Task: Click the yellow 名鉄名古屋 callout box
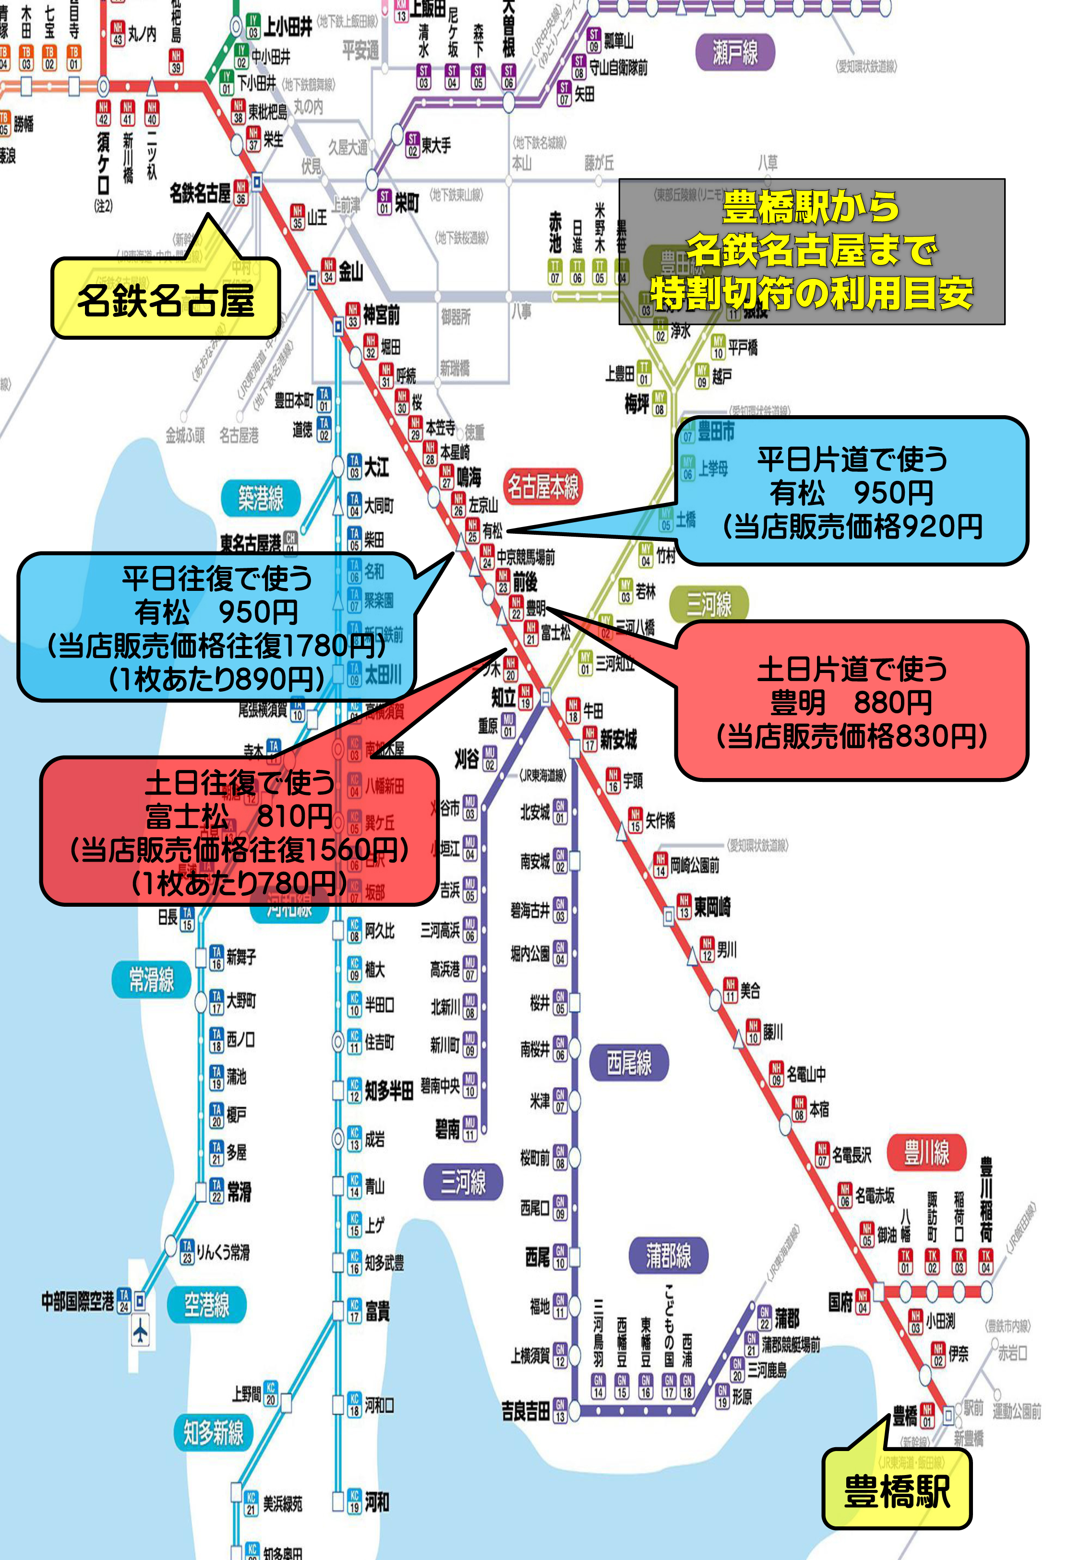(166, 300)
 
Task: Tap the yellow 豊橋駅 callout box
(897, 1490)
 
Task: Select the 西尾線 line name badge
(629, 1063)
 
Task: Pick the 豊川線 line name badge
(926, 1152)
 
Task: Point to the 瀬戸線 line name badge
(735, 53)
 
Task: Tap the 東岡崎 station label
(712, 907)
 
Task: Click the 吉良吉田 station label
(525, 1411)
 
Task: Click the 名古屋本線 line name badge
(543, 486)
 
